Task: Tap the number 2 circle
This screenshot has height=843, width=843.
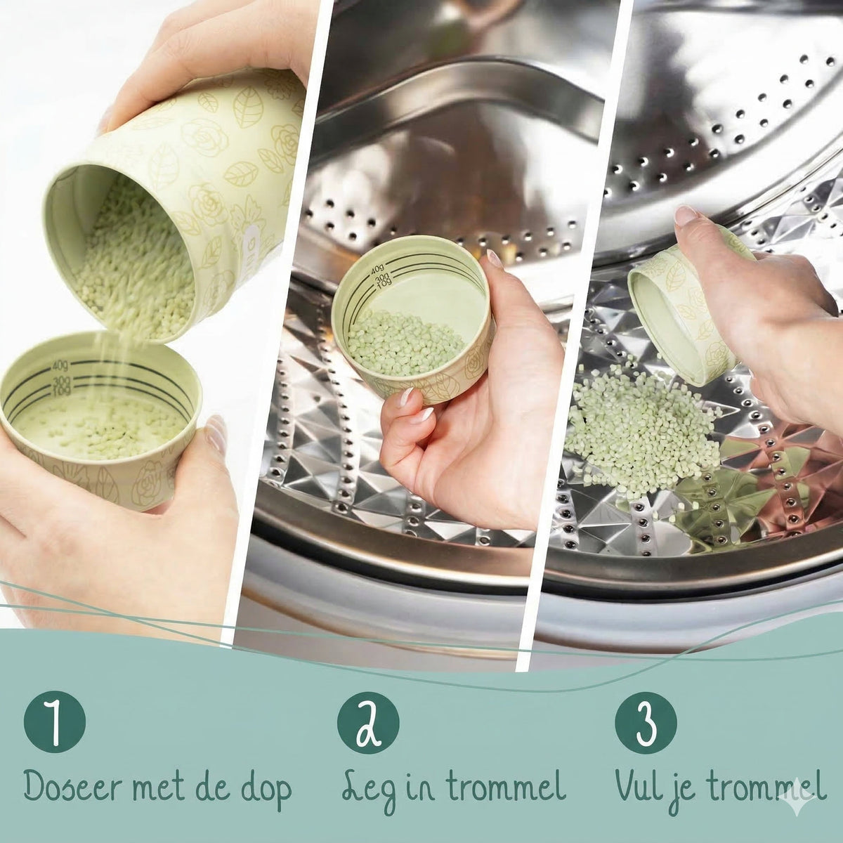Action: coord(368,722)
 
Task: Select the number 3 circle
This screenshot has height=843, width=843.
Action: coord(646,722)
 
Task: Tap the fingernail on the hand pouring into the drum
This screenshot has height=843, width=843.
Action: coord(686,215)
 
